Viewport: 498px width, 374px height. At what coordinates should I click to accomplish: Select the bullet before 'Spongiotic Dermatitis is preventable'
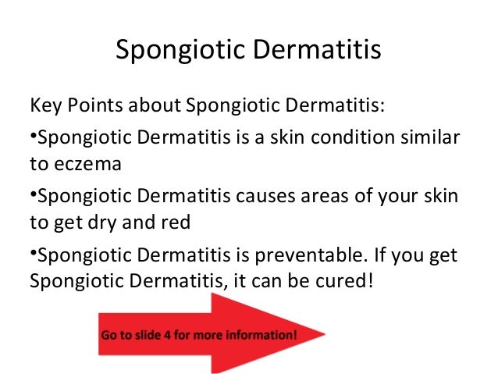pyautogui.click(x=33, y=253)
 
